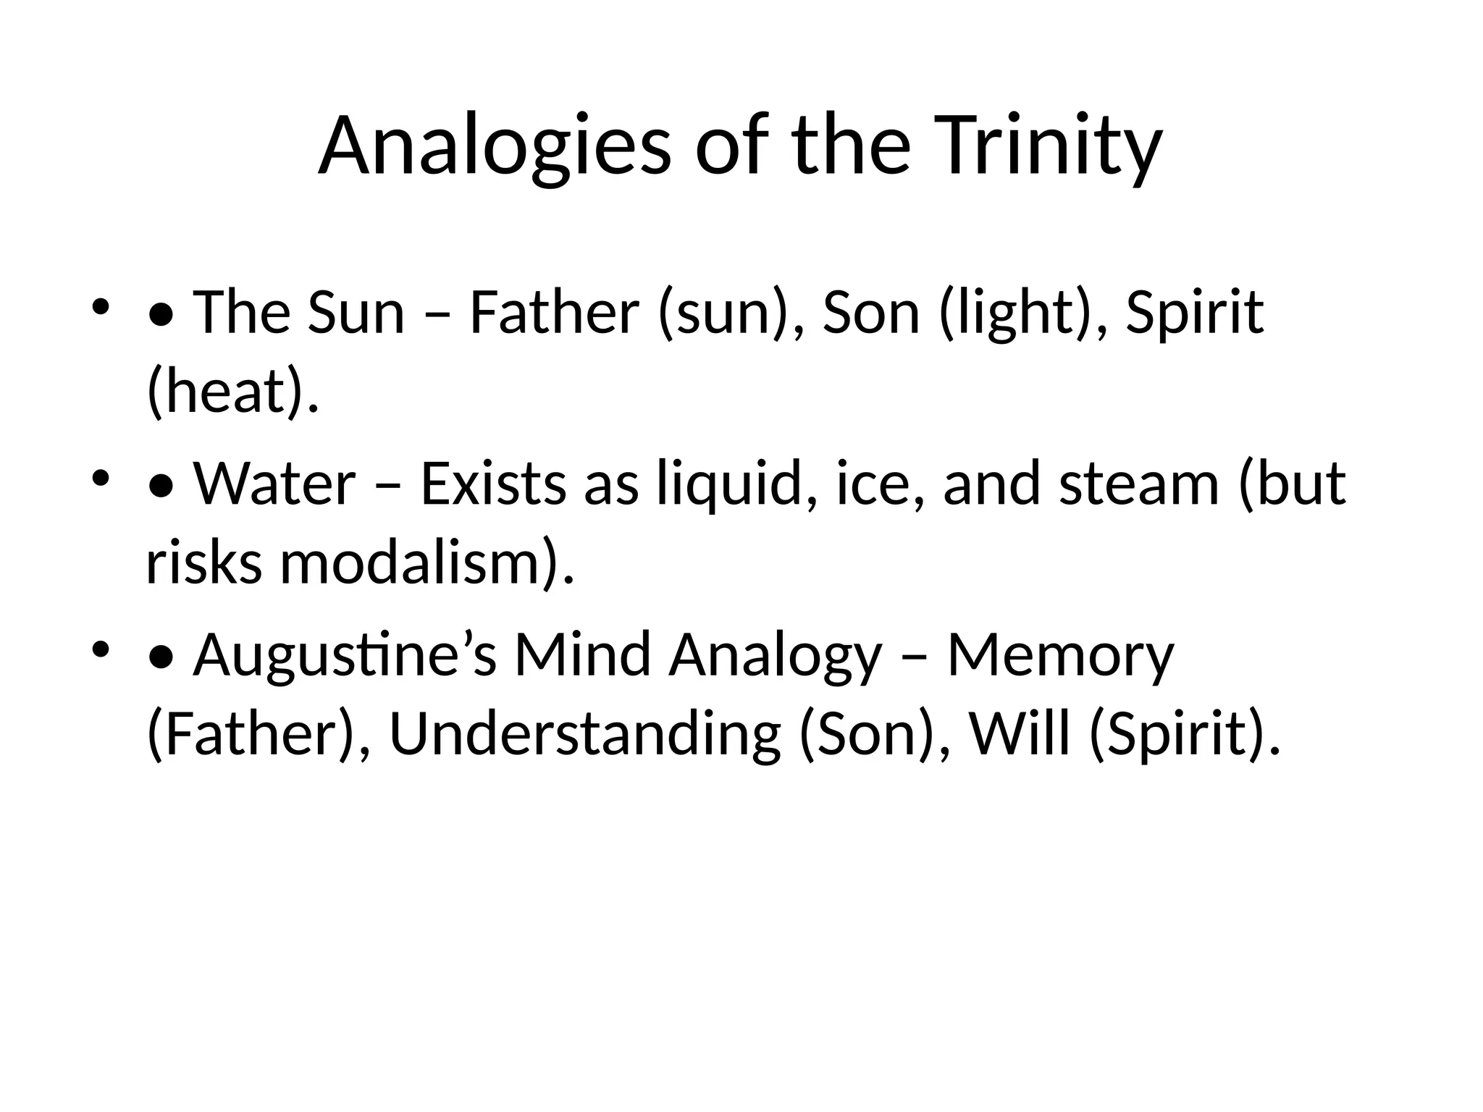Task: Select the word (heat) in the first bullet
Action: pos(232,392)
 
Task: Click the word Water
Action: pos(274,484)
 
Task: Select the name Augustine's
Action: pos(345,654)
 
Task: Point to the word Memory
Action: pos(1060,654)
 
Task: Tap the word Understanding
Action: pos(584,734)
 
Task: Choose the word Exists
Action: pos(493,484)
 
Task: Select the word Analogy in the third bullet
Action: pos(776,654)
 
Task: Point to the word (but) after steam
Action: pos(1292,484)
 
